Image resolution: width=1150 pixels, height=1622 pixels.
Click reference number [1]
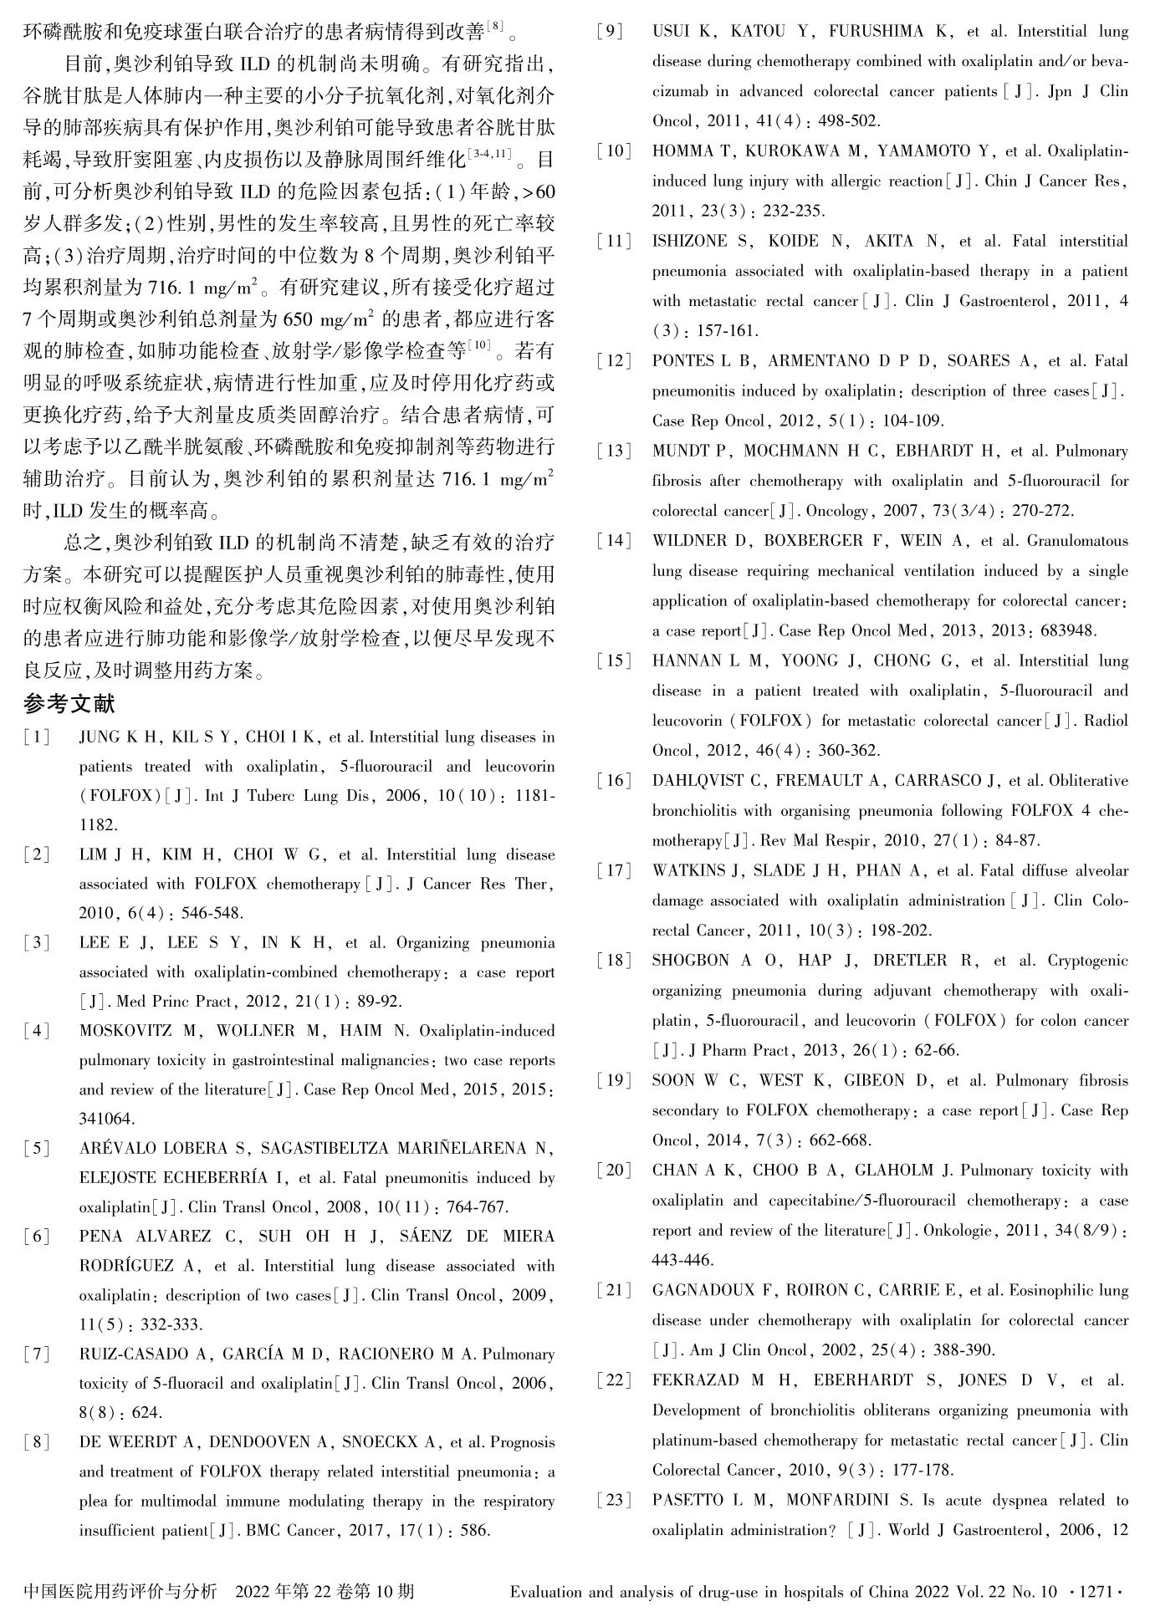tap(37, 737)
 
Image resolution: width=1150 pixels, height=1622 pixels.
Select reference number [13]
tap(615, 451)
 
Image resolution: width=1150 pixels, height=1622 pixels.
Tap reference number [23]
tap(615, 1500)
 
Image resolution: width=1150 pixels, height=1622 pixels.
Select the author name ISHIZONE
tap(690, 242)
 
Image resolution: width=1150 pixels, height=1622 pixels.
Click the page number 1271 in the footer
tap(1096, 1592)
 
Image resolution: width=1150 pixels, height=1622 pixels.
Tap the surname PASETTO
tap(690, 1500)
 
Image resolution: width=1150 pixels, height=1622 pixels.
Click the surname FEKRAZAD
tap(696, 1380)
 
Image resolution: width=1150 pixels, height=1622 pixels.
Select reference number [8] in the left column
tap(37, 1441)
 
